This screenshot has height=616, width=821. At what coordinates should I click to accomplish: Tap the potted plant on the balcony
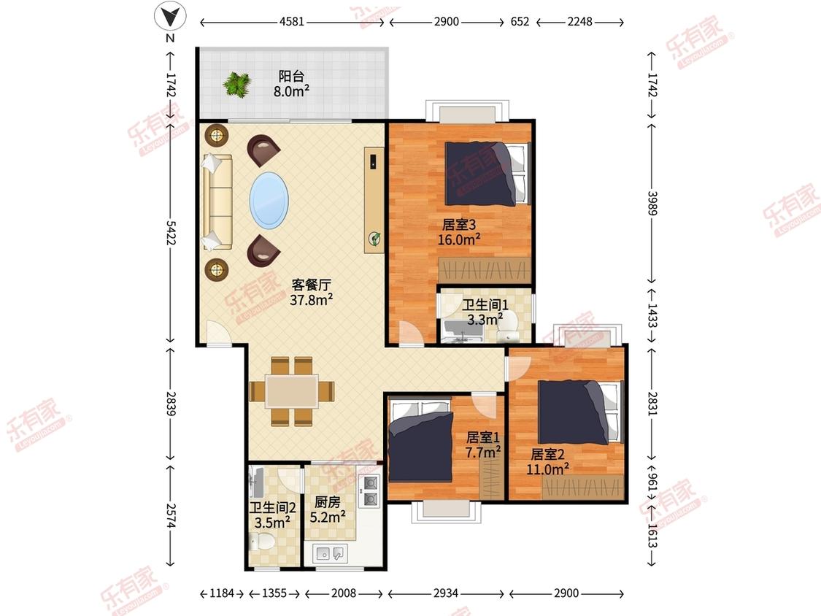click(x=236, y=85)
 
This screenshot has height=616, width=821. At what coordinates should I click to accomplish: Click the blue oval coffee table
click(x=269, y=199)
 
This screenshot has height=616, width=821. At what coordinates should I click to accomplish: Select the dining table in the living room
click(x=292, y=391)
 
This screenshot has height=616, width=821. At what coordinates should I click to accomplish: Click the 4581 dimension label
click(x=292, y=22)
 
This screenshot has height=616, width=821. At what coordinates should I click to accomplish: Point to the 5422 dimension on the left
click(x=171, y=233)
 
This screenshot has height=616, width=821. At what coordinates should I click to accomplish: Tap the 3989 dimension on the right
click(x=652, y=203)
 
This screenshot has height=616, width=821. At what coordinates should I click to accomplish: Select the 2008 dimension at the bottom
click(x=344, y=593)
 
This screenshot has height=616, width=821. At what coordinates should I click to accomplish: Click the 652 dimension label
click(x=520, y=22)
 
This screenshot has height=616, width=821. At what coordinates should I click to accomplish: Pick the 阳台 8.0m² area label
click(x=291, y=84)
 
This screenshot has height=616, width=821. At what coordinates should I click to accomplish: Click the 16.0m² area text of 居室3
click(x=459, y=240)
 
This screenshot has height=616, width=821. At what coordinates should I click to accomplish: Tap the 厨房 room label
click(x=327, y=502)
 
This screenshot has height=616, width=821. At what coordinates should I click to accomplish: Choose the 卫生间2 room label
click(x=272, y=507)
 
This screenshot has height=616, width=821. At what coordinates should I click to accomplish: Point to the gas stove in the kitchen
click(x=370, y=490)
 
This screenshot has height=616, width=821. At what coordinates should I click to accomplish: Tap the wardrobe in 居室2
click(x=582, y=488)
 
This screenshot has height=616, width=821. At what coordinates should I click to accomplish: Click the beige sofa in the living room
click(x=217, y=201)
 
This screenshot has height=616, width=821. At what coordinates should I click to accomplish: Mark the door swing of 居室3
click(x=411, y=332)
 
